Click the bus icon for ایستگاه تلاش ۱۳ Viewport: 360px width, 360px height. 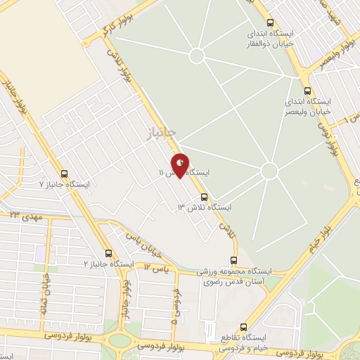205,197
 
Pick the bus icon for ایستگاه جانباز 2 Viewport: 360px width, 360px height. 108,253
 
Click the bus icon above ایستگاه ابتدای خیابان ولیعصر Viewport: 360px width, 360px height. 307,91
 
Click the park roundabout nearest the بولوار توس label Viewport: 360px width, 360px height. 269,172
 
